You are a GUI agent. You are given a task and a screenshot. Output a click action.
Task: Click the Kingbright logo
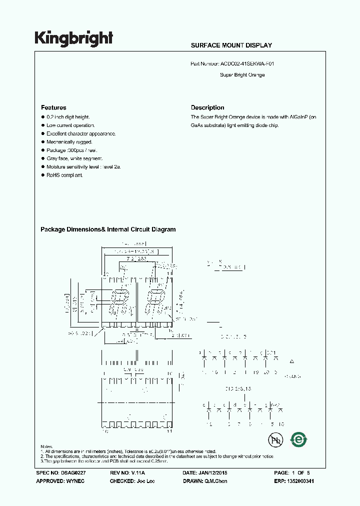click(x=73, y=38)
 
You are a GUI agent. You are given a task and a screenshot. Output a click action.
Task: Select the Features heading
click(x=53, y=107)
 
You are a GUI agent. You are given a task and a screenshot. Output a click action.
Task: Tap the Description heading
click(x=207, y=107)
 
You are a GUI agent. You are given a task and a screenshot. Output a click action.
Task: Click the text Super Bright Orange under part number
click(x=242, y=75)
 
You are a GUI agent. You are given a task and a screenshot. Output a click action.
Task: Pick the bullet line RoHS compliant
click(x=64, y=175)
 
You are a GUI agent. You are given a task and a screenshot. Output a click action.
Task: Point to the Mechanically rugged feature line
click(x=69, y=142)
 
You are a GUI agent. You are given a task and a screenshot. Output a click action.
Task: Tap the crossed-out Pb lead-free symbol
click(x=274, y=440)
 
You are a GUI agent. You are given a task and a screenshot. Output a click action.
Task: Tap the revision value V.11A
click(x=142, y=472)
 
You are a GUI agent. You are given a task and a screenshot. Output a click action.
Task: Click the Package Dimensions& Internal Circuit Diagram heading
click(x=108, y=229)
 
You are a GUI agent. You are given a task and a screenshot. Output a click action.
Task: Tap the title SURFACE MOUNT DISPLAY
click(x=231, y=45)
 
